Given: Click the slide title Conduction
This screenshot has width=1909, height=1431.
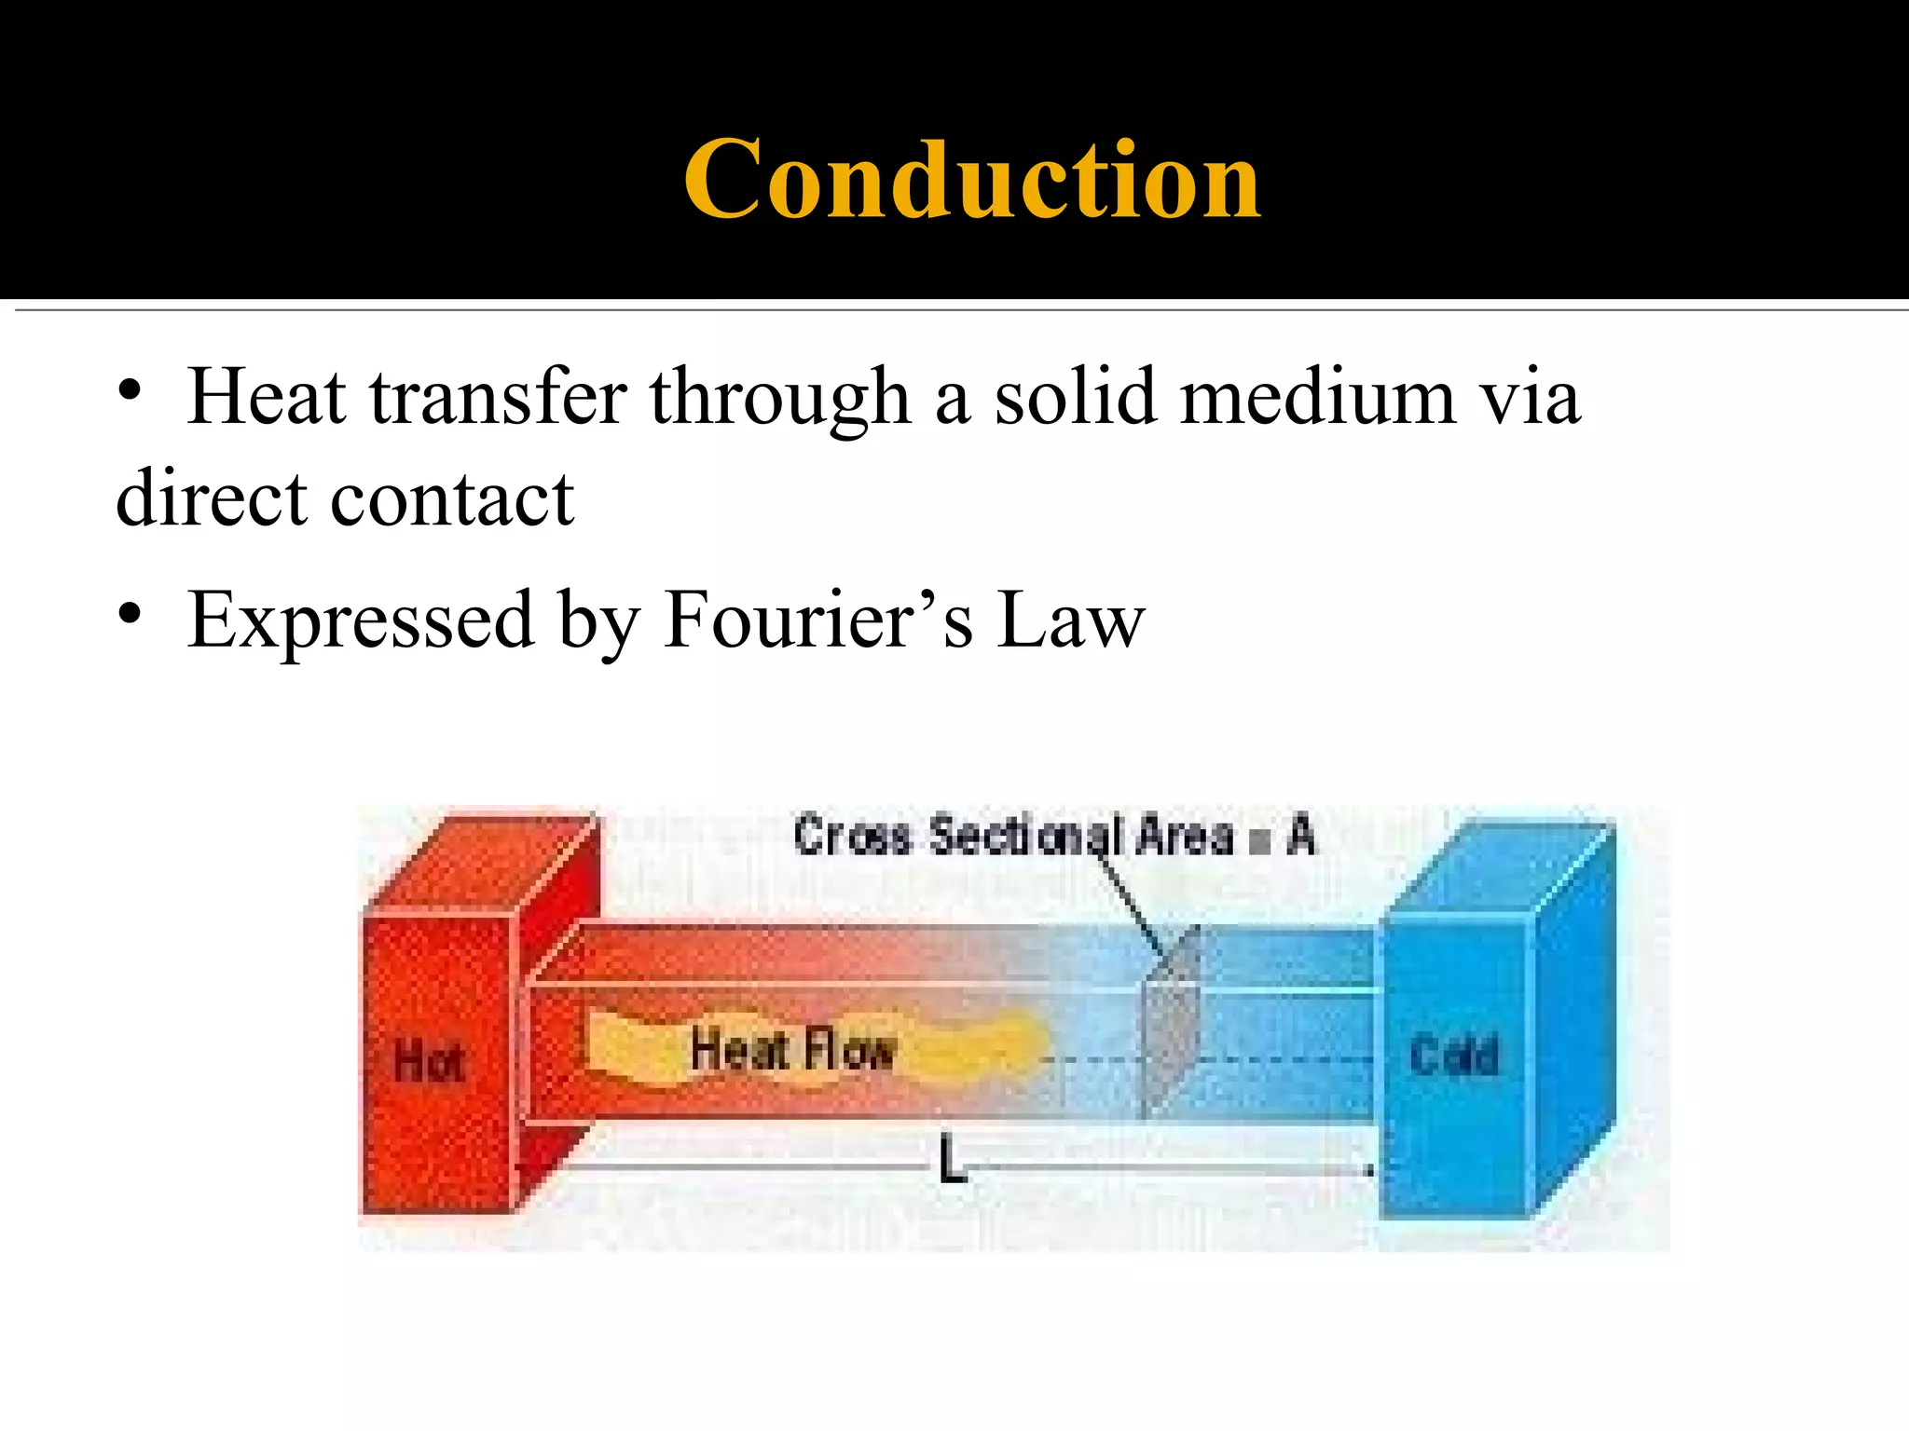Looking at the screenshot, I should (x=971, y=179).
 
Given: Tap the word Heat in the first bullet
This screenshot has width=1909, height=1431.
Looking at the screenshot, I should (x=267, y=398).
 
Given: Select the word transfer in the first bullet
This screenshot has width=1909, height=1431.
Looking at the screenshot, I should (x=498, y=398).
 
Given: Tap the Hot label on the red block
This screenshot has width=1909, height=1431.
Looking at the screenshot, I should (x=428, y=1062).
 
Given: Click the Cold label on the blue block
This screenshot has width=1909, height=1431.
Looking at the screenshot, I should (x=1454, y=1056).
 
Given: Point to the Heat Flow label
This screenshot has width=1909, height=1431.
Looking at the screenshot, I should (x=792, y=1050).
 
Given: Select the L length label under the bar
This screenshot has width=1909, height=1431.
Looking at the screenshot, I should (x=952, y=1160).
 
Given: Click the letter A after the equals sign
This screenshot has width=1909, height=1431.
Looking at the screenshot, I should (x=1301, y=835).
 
